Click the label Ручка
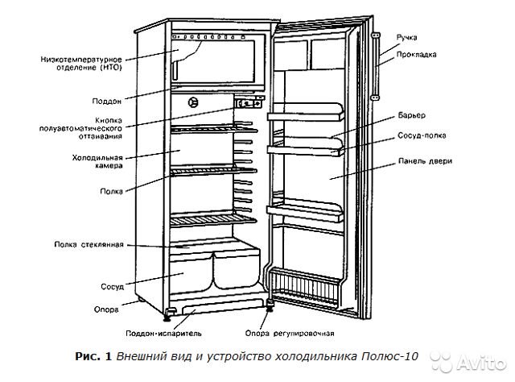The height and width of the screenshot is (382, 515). tap(406, 38)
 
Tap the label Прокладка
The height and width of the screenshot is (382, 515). tap(417, 55)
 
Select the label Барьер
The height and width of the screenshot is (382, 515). tap(411, 115)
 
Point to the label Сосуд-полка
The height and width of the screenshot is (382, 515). tap(422, 135)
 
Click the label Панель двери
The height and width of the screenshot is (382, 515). tap(425, 161)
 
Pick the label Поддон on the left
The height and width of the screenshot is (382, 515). tap(107, 102)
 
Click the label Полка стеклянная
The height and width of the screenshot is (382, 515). tap(89, 244)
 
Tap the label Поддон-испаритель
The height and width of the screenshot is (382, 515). tap(163, 334)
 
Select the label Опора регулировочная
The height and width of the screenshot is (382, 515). tap(290, 334)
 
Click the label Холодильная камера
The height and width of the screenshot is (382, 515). tap(97, 161)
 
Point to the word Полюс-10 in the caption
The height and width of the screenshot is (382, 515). tap(389, 356)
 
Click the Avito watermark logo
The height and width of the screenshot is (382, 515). tap(468, 362)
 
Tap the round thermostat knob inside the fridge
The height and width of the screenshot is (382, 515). tap(193, 102)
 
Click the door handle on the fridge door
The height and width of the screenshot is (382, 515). tap(376, 66)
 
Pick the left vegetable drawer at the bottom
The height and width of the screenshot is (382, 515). tap(191, 274)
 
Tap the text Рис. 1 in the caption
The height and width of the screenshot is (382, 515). tap(93, 356)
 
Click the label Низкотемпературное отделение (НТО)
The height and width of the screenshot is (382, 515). tap(80, 64)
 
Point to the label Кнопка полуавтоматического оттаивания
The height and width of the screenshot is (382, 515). tap(80, 128)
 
